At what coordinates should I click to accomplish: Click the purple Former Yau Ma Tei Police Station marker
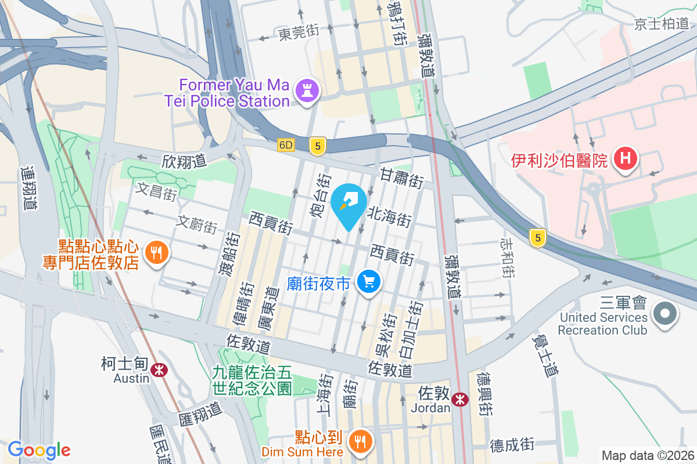[304, 90]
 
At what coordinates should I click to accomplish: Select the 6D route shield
[286, 144]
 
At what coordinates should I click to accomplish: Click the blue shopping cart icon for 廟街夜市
[368, 282]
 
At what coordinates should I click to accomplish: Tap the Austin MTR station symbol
[157, 369]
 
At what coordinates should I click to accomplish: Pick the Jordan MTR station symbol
[460, 399]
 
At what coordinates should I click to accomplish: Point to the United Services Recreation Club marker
[665, 314]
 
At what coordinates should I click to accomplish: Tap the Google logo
[39, 449]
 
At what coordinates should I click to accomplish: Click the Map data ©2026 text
[647, 455]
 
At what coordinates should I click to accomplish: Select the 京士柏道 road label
[662, 24]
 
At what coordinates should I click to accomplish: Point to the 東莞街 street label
[299, 32]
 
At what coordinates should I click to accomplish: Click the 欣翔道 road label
[185, 161]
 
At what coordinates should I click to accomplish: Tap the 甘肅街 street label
[401, 176]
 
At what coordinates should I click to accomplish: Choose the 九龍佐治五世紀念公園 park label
[252, 379]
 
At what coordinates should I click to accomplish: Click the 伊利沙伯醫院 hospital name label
[559, 159]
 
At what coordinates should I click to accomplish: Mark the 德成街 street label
[512, 444]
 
